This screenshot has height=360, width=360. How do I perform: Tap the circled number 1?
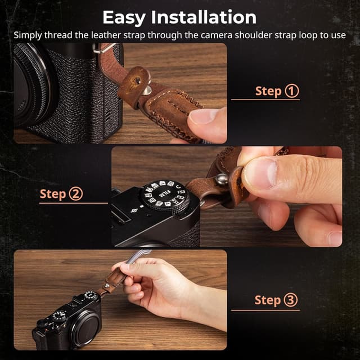pyautogui.click(x=292, y=91)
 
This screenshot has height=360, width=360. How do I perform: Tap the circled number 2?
pyautogui.click(x=75, y=194)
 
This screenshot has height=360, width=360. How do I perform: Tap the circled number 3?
pyautogui.click(x=291, y=300)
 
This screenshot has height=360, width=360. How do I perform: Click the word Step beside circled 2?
pyautogui.click(x=53, y=194)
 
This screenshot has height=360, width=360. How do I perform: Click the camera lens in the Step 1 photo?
pyautogui.click(x=31, y=84)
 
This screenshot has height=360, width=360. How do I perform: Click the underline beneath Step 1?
pyautogui.click(x=265, y=100)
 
